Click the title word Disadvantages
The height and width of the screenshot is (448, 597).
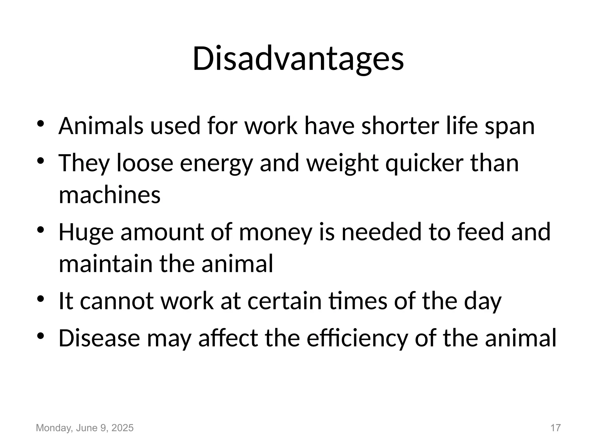tap(298, 59)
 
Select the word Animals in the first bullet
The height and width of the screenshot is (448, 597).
tap(101, 126)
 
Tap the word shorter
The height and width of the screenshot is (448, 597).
tap(400, 126)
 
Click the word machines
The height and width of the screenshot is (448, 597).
tap(110, 195)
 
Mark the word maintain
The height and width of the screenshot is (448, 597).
tap(106, 263)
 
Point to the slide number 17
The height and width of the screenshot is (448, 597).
tap(555, 428)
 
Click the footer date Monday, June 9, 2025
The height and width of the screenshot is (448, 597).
tap(85, 428)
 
